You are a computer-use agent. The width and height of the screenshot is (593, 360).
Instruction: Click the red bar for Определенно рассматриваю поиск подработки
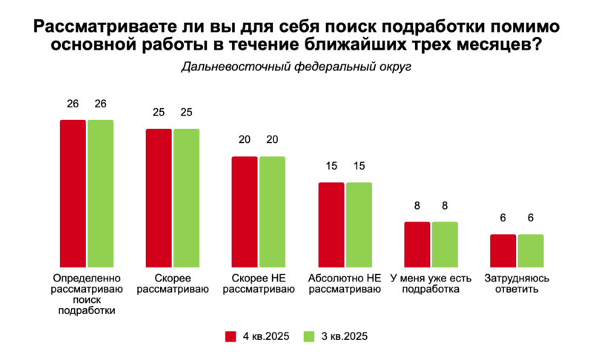[x=73, y=194]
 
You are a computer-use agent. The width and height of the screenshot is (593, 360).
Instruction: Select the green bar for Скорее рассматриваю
[x=187, y=199]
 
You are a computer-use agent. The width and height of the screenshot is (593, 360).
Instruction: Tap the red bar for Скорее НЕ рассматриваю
[x=245, y=212]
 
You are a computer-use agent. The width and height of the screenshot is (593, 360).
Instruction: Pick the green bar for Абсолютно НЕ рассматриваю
[x=359, y=225]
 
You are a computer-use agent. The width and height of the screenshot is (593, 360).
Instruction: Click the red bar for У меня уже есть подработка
[x=417, y=244]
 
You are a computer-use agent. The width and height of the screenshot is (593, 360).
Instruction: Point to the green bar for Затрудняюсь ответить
[x=531, y=251]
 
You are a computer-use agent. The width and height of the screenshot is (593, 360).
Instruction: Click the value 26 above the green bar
[x=101, y=104]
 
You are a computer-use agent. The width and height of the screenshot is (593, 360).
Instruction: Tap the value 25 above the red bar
[x=159, y=112]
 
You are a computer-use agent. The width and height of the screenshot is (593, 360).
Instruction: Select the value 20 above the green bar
[x=272, y=140]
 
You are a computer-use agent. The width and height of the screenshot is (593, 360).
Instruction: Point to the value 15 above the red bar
[x=331, y=166]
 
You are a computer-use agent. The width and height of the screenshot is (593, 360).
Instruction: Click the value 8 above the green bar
[x=445, y=205]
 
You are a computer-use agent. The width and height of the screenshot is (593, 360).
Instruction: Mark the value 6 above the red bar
[x=503, y=218]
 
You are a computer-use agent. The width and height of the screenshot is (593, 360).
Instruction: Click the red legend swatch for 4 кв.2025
[x=231, y=336]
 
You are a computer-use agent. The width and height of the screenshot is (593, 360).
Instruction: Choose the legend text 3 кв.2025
[x=345, y=336]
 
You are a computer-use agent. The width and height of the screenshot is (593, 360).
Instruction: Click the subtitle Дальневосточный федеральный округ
[x=296, y=67]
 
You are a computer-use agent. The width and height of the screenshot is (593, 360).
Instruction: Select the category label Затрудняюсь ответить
[x=517, y=284]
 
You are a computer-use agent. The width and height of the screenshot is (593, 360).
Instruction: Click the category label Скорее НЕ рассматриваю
[x=259, y=284]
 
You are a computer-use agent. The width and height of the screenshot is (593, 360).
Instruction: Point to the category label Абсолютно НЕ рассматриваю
[x=345, y=284]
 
